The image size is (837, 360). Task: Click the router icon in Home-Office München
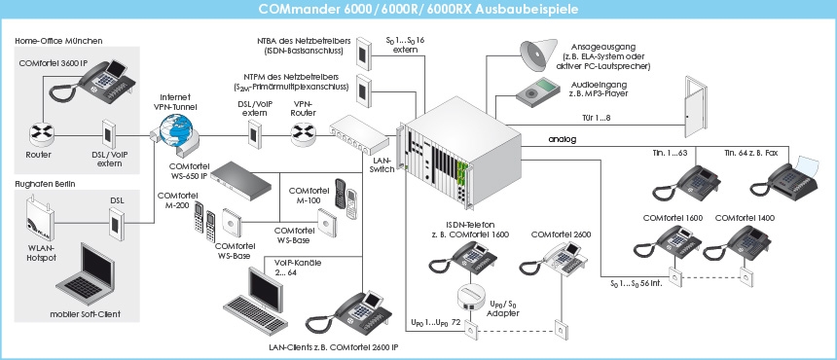pos(40,132)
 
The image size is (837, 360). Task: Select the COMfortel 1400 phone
pos(744,239)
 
